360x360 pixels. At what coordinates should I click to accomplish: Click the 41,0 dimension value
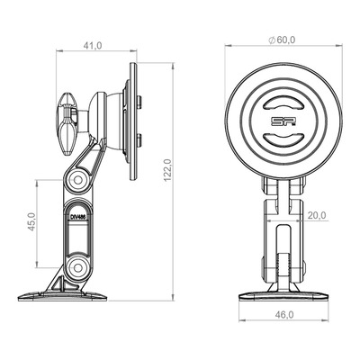[x=93, y=46]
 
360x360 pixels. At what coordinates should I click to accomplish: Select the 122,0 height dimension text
[x=167, y=170]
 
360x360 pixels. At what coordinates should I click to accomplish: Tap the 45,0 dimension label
[x=31, y=221]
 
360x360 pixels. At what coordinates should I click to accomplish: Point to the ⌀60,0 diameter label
[x=282, y=40]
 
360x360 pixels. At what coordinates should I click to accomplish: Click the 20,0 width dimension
[x=317, y=215]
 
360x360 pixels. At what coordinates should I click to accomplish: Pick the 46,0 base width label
[x=284, y=315]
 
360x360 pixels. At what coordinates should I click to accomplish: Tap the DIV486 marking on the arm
[x=77, y=217]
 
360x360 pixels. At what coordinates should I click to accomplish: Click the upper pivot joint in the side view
[x=77, y=180]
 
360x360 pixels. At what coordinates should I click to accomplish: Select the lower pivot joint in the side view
[x=77, y=266]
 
